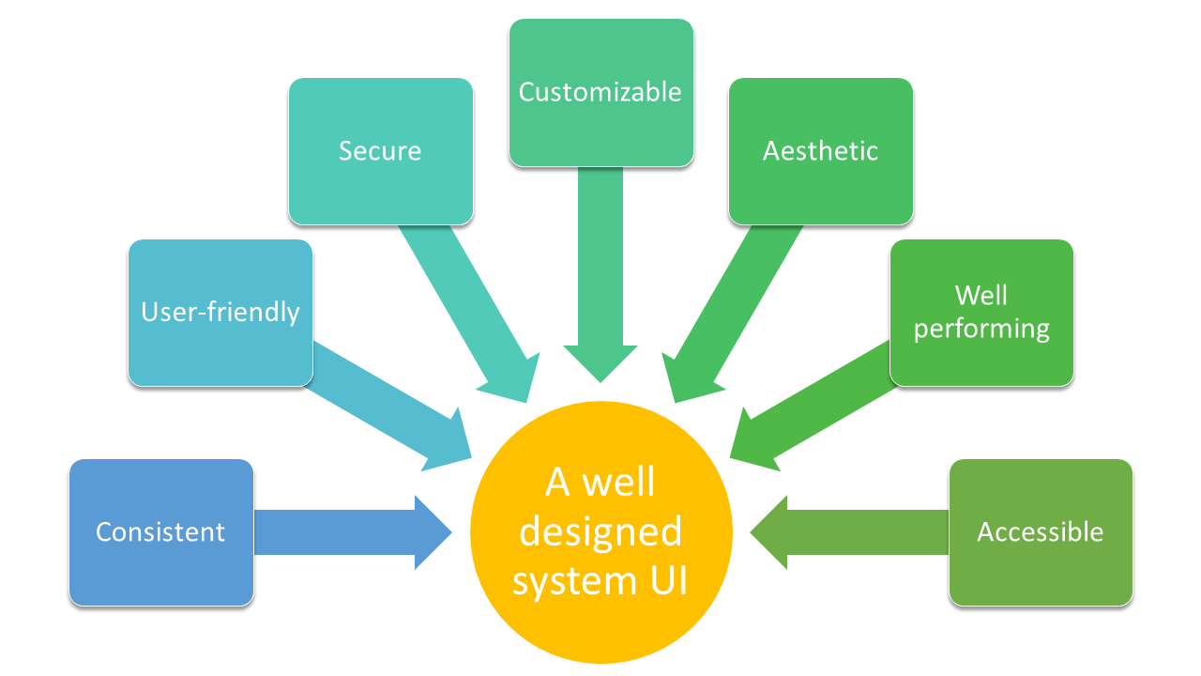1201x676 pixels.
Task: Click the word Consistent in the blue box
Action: pos(160,532)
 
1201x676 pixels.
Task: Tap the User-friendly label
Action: pos(220,312)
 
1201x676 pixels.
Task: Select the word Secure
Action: pos(380,151)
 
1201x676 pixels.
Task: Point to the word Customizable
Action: pos(600,92)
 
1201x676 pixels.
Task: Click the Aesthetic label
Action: pos(821,151)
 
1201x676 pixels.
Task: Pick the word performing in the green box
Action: pos(981,330)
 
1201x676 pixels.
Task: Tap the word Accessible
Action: pos(1041,532)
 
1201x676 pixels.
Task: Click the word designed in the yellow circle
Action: pos(600,532)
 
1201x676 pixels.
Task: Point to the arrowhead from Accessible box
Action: pos(769,532)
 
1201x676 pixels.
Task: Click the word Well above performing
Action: pos(981,296)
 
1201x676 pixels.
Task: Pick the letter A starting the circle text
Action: pos(558,484)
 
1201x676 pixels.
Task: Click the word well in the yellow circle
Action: pos(618,484)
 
